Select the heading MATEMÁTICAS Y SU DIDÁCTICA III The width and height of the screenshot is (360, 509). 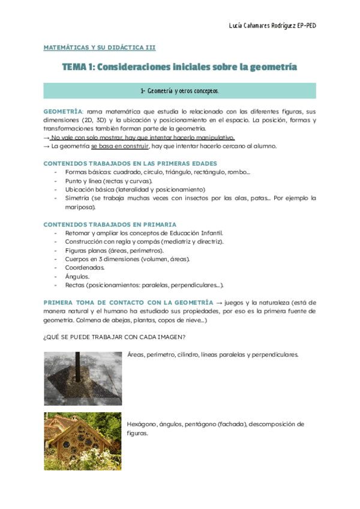[x=99, y=47]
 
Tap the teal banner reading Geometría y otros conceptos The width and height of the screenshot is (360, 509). [x=179, y=91]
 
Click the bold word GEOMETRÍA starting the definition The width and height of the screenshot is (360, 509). [x=63, y=112]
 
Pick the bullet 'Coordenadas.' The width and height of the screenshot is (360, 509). [x=85, y=267]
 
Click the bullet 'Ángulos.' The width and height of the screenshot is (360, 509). [x=77, y=276]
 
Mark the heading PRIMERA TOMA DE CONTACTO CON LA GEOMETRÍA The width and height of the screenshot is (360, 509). [x=128, y=302]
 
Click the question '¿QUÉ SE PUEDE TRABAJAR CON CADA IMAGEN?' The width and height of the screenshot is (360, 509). [x=110, y=337]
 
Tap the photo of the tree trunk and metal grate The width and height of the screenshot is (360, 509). [x=82, y=378]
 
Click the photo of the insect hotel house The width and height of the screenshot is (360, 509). [x=82, y=441]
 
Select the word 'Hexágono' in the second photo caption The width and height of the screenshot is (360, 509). [x=141, y=424]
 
